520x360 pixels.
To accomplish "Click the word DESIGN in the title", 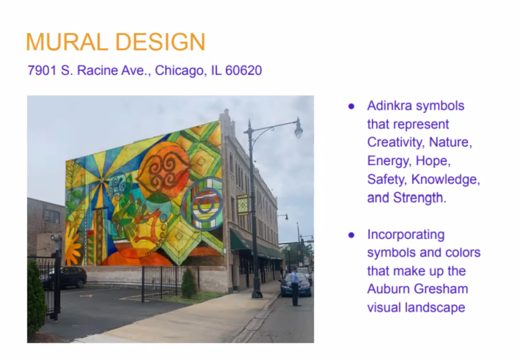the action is (160, 42).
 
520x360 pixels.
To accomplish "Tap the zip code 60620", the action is (243, 70).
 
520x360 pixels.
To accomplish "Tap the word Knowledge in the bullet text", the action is (446, 180).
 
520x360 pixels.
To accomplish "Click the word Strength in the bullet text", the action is (420, 198).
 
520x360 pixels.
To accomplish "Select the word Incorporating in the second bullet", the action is (406, 235).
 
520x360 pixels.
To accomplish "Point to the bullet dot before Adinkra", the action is (351, 106).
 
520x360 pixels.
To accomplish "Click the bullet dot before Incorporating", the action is (351, 235).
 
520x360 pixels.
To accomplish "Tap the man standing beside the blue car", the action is (295, 286).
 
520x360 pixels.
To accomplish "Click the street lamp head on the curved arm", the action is (299, 128).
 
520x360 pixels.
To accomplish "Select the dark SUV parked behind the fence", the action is (69, 277).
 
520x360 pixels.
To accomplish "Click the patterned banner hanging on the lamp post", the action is (243, 205).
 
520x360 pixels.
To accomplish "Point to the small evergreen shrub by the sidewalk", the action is (189, 283).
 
